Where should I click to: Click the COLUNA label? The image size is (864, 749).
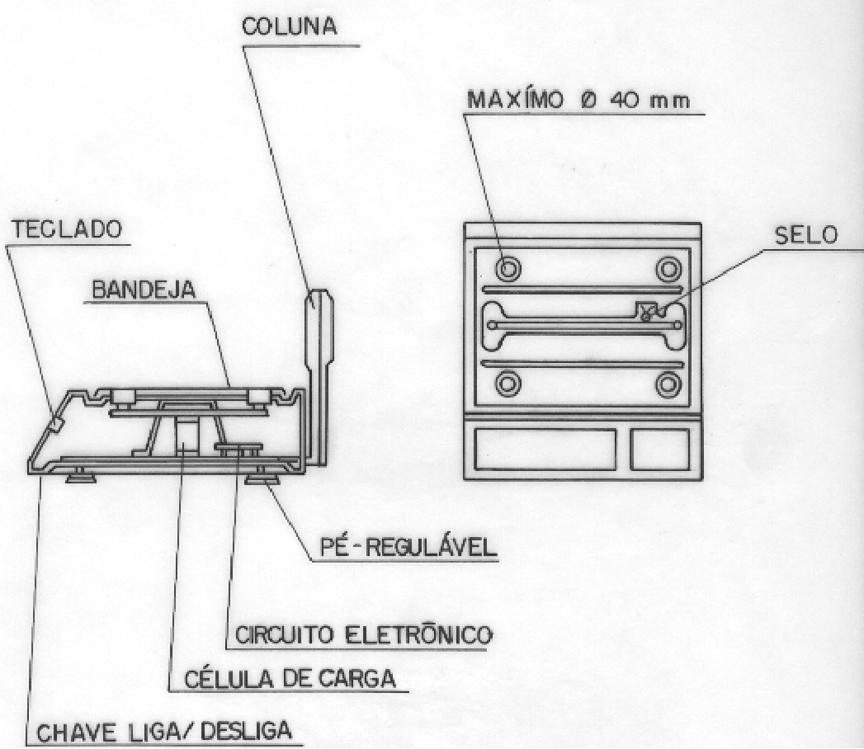pyautogui.click(x=290, y=26)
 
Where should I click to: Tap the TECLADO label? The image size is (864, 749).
pyautogui.click(x=67, y=229)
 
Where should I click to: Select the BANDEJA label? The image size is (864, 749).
pyautogui.click(x=144, y=290)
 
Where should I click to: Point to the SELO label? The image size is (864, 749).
pyautogui.click(x=805, y=235)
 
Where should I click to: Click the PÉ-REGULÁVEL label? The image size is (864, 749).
pyautogui.click(x=408, y=548)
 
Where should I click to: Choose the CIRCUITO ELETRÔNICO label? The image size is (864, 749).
pyautogui.click(x=364, y=635)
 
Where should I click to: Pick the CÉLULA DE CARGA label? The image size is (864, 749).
pyautogui.click(x=290, y=679)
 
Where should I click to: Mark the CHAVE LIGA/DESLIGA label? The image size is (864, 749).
pyautogui.click(x=163, y=732)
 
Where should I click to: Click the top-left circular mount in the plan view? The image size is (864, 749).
pyautogui.click(x=508, y=269)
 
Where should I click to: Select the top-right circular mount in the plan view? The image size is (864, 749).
pyautogui.click(x=668, y=269)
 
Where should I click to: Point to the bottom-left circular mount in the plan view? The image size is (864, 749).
pyautogui.click(x=508, y=384)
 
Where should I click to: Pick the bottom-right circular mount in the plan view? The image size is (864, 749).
pyautogui.click(x=668, y=384)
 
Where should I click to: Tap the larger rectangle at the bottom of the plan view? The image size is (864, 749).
pyautogui.click(x=545, y=450)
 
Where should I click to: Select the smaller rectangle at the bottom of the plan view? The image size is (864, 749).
pyautogui.click(x=659, y=450)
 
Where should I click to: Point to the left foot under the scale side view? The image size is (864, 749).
pyautogui.click(x=81, y=475)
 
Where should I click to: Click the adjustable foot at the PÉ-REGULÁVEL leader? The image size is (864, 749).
pyautogui.click(x=263, y=476)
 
